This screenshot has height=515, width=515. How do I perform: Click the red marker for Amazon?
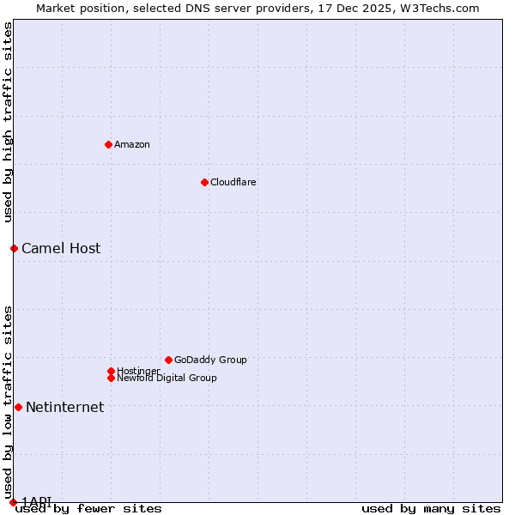108,144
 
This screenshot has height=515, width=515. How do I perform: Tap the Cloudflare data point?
204,182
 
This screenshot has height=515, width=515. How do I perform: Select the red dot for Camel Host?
14,248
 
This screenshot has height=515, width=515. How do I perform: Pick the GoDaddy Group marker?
168,360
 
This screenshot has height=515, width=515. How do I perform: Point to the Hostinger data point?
111,371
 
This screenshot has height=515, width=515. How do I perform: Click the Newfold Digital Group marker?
111,378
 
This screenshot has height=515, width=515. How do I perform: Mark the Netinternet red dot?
18,407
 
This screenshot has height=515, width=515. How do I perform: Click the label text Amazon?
132,144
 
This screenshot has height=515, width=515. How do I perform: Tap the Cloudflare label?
233,182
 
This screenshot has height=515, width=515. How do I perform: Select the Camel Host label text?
61,249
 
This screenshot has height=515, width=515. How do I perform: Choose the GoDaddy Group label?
210,360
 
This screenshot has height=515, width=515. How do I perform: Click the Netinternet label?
65,408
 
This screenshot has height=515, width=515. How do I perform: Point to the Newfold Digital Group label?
167,379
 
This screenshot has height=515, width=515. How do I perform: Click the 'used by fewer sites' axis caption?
88,508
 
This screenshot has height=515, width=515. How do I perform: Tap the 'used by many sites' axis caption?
431,508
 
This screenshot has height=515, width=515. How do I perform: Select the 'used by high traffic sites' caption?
9,122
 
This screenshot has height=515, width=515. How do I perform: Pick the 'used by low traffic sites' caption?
9,402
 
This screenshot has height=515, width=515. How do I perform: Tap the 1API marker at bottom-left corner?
13,502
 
